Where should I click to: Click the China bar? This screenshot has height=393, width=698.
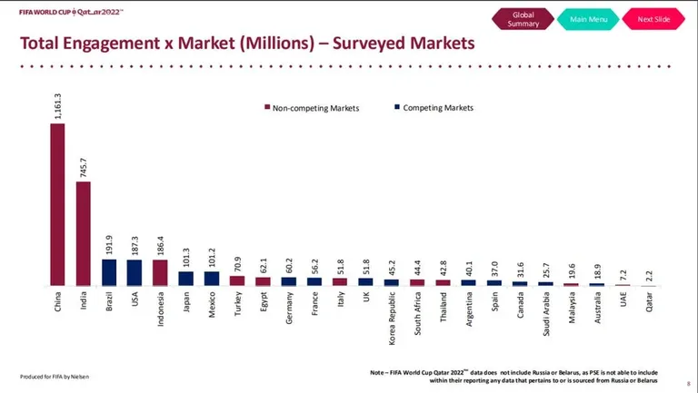tap(57, 204)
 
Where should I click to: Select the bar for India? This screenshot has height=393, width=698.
tap(84, 233)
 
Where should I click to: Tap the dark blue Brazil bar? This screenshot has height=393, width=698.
tap(109, 272)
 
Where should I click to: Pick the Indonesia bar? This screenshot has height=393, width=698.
tap(160, 273)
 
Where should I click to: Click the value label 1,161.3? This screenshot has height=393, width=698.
tap(57, 106)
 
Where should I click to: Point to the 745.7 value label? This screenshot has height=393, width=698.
tap(84, 168)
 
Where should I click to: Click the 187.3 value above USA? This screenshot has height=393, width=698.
tap(135, 245)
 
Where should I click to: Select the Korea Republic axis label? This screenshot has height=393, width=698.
tap(392, 318)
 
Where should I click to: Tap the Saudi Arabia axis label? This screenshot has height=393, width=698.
tap(546, 314)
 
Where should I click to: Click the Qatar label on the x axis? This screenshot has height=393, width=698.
tap(649, 302)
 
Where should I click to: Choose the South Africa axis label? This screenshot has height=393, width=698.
tap(417, 313)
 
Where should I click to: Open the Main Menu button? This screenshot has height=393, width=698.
tap(588, 19)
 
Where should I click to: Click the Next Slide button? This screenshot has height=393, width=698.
tap(653, 19)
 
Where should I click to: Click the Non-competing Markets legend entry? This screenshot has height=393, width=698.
tap(312, 108)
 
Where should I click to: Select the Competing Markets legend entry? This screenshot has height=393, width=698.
tap(434, 108)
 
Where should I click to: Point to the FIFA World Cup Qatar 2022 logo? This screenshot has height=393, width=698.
tap(71, 12)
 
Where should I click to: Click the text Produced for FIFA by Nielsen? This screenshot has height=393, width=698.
tap(55, 377)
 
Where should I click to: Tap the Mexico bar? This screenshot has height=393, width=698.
tap(212, 279)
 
